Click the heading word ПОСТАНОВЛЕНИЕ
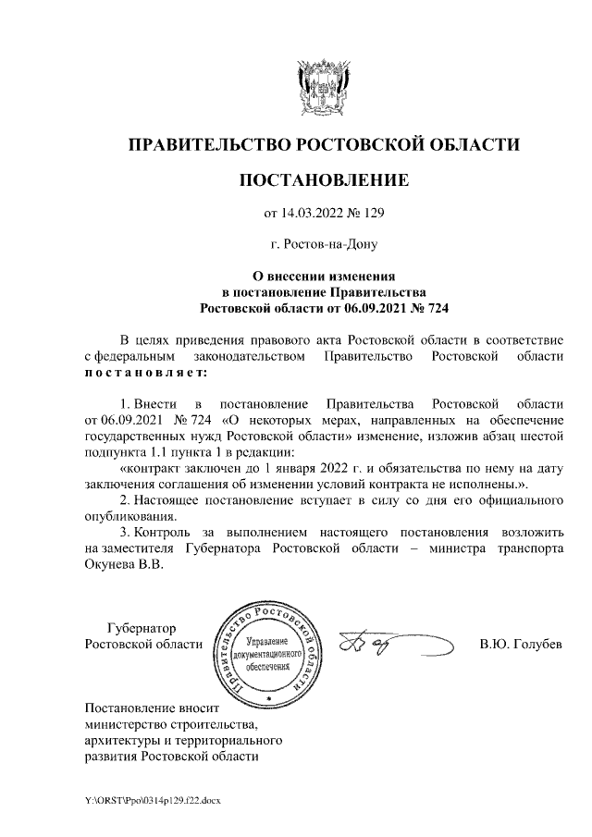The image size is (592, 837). (324, 179)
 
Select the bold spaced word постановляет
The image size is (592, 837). (146, 372)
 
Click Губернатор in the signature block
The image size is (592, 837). (140, 627)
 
